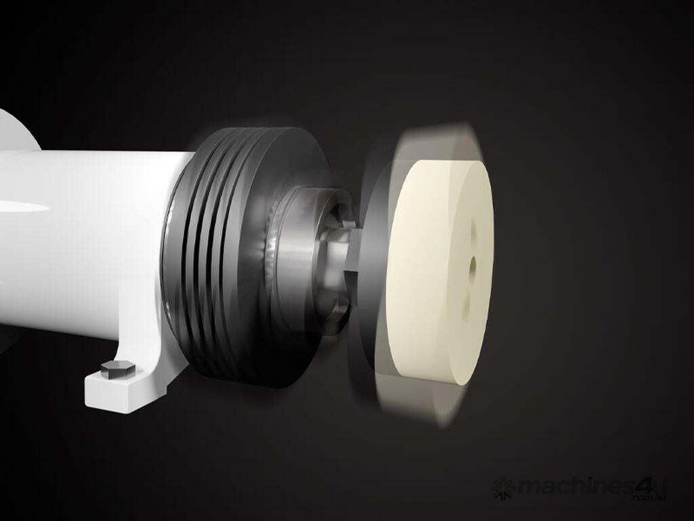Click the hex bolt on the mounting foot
(118, 369)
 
